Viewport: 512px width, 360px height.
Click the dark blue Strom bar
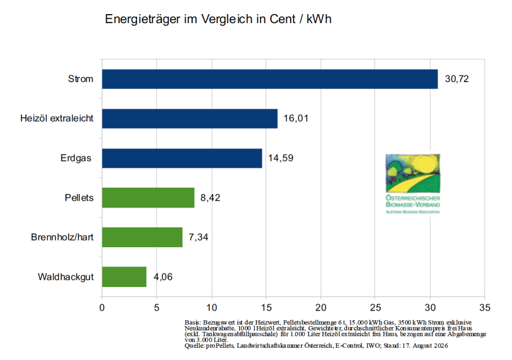pyautogui.click(x=269, y=79)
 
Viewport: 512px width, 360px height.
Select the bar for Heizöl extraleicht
pyautogui.click(x=189, y=119)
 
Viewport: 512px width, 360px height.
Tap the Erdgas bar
pyautogui.click(x=182, y=158)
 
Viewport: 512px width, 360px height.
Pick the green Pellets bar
pyautogui.click(x=148, y=198)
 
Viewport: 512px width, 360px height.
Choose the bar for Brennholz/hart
pyautogui.click(x=142, y=237)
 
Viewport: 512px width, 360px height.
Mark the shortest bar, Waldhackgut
pyautogui.click(x=124, y=277)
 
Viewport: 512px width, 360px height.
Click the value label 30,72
pyautogui.click(x=457, y=79)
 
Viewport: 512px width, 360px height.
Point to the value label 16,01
pyautogui.click(x=296, y=119)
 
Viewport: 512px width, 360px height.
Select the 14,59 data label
pyautogui.click(x=281, y=158)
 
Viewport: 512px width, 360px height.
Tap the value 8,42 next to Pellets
pyautogui.click(x=211, y=198)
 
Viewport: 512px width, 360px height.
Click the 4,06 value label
pyautogui.click(x=163, y=277)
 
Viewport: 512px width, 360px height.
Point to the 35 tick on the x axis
pyautogui.click(x=485, y=307)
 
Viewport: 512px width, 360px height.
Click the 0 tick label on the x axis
pyautogui.click(x=102, y=307)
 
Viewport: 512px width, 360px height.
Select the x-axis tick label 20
pyautogui.click(x=321, y=307)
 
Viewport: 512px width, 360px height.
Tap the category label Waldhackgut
pyautogui.click(x=66, y=277)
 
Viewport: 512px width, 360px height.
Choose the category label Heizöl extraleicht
pyautogui.click(x=57, y=119)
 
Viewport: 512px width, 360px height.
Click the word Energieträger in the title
pyautogui.click(x=143, y=19)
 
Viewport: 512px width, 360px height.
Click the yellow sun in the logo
pyautogui.click(x=424, y=164)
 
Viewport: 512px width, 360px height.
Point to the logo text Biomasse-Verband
pyautogui.click(x=413, y=205)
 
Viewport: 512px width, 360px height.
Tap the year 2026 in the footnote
pyautogui.click(x=440, y=346)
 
